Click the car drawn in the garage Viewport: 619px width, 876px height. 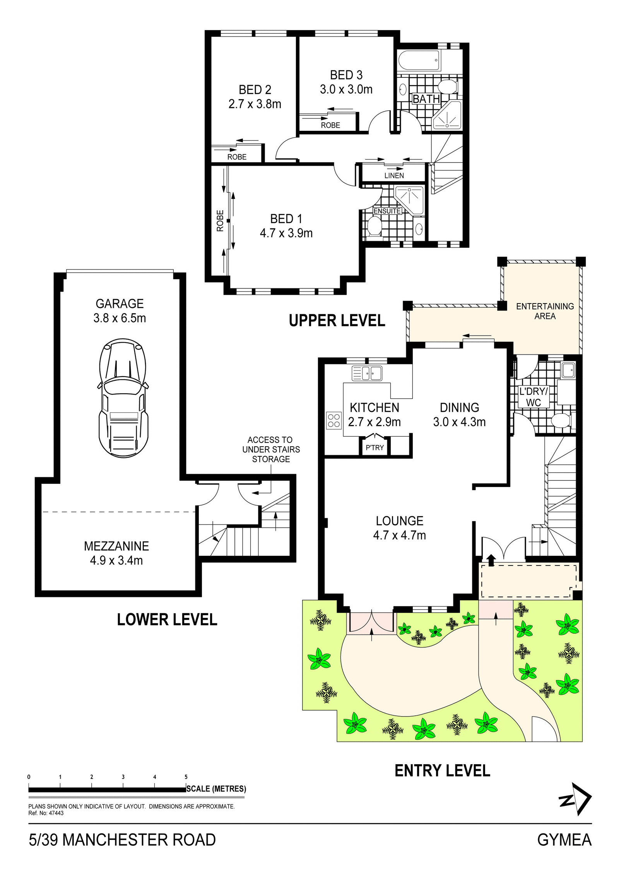point(123,398)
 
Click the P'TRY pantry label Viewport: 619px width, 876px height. point(374,448)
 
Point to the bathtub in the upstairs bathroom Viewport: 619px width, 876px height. point(419,60)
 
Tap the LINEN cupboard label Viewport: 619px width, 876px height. point(394,176)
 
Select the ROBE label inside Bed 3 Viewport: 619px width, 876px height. point(330,125)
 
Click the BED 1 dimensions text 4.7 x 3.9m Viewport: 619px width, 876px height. point(286,233)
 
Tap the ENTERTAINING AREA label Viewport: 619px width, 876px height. point(545,311)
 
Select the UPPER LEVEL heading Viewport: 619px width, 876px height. point(337,321)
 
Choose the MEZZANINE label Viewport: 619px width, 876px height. point(116,546)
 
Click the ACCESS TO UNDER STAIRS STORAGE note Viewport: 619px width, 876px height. point(271,449)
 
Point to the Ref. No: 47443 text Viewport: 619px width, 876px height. point(46,813)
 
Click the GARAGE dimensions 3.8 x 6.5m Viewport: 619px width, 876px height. point(120,318)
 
